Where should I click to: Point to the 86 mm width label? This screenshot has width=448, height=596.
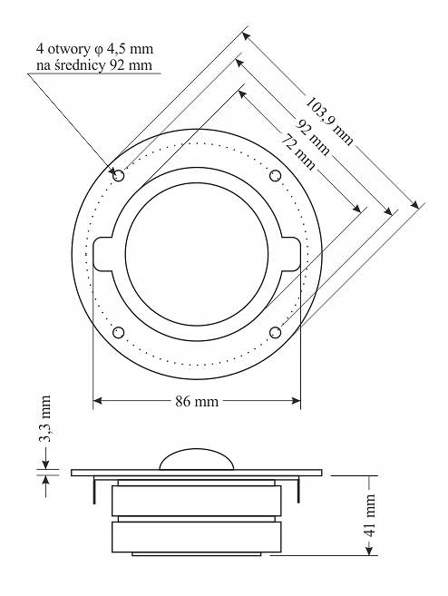tap(196, 399)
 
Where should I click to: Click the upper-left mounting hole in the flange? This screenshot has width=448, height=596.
tap(117, 173)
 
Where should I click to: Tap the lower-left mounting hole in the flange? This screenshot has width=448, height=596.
tap(117, 333)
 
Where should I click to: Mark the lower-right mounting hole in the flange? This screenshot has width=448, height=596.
tap(277, 333)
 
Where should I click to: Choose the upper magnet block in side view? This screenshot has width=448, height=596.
tap(196, 501)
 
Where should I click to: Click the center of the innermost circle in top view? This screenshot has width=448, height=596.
tap(197, 253)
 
